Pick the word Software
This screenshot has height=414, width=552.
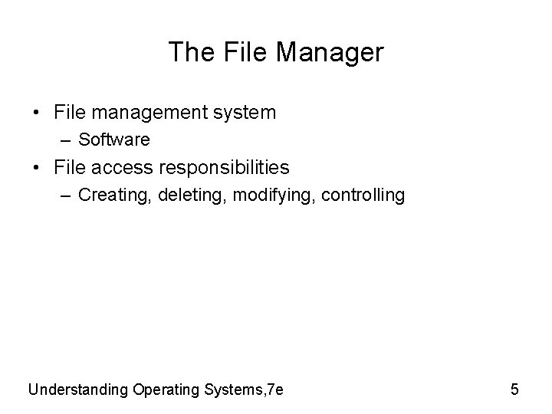tap(114, 140)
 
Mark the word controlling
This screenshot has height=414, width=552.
tap(363, 195)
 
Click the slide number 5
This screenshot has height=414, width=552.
tap(514, 389)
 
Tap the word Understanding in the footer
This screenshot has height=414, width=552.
tap(78, 389)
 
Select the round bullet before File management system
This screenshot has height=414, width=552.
tap(38, 113)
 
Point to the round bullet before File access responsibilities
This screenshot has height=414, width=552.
tap(38, 167)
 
